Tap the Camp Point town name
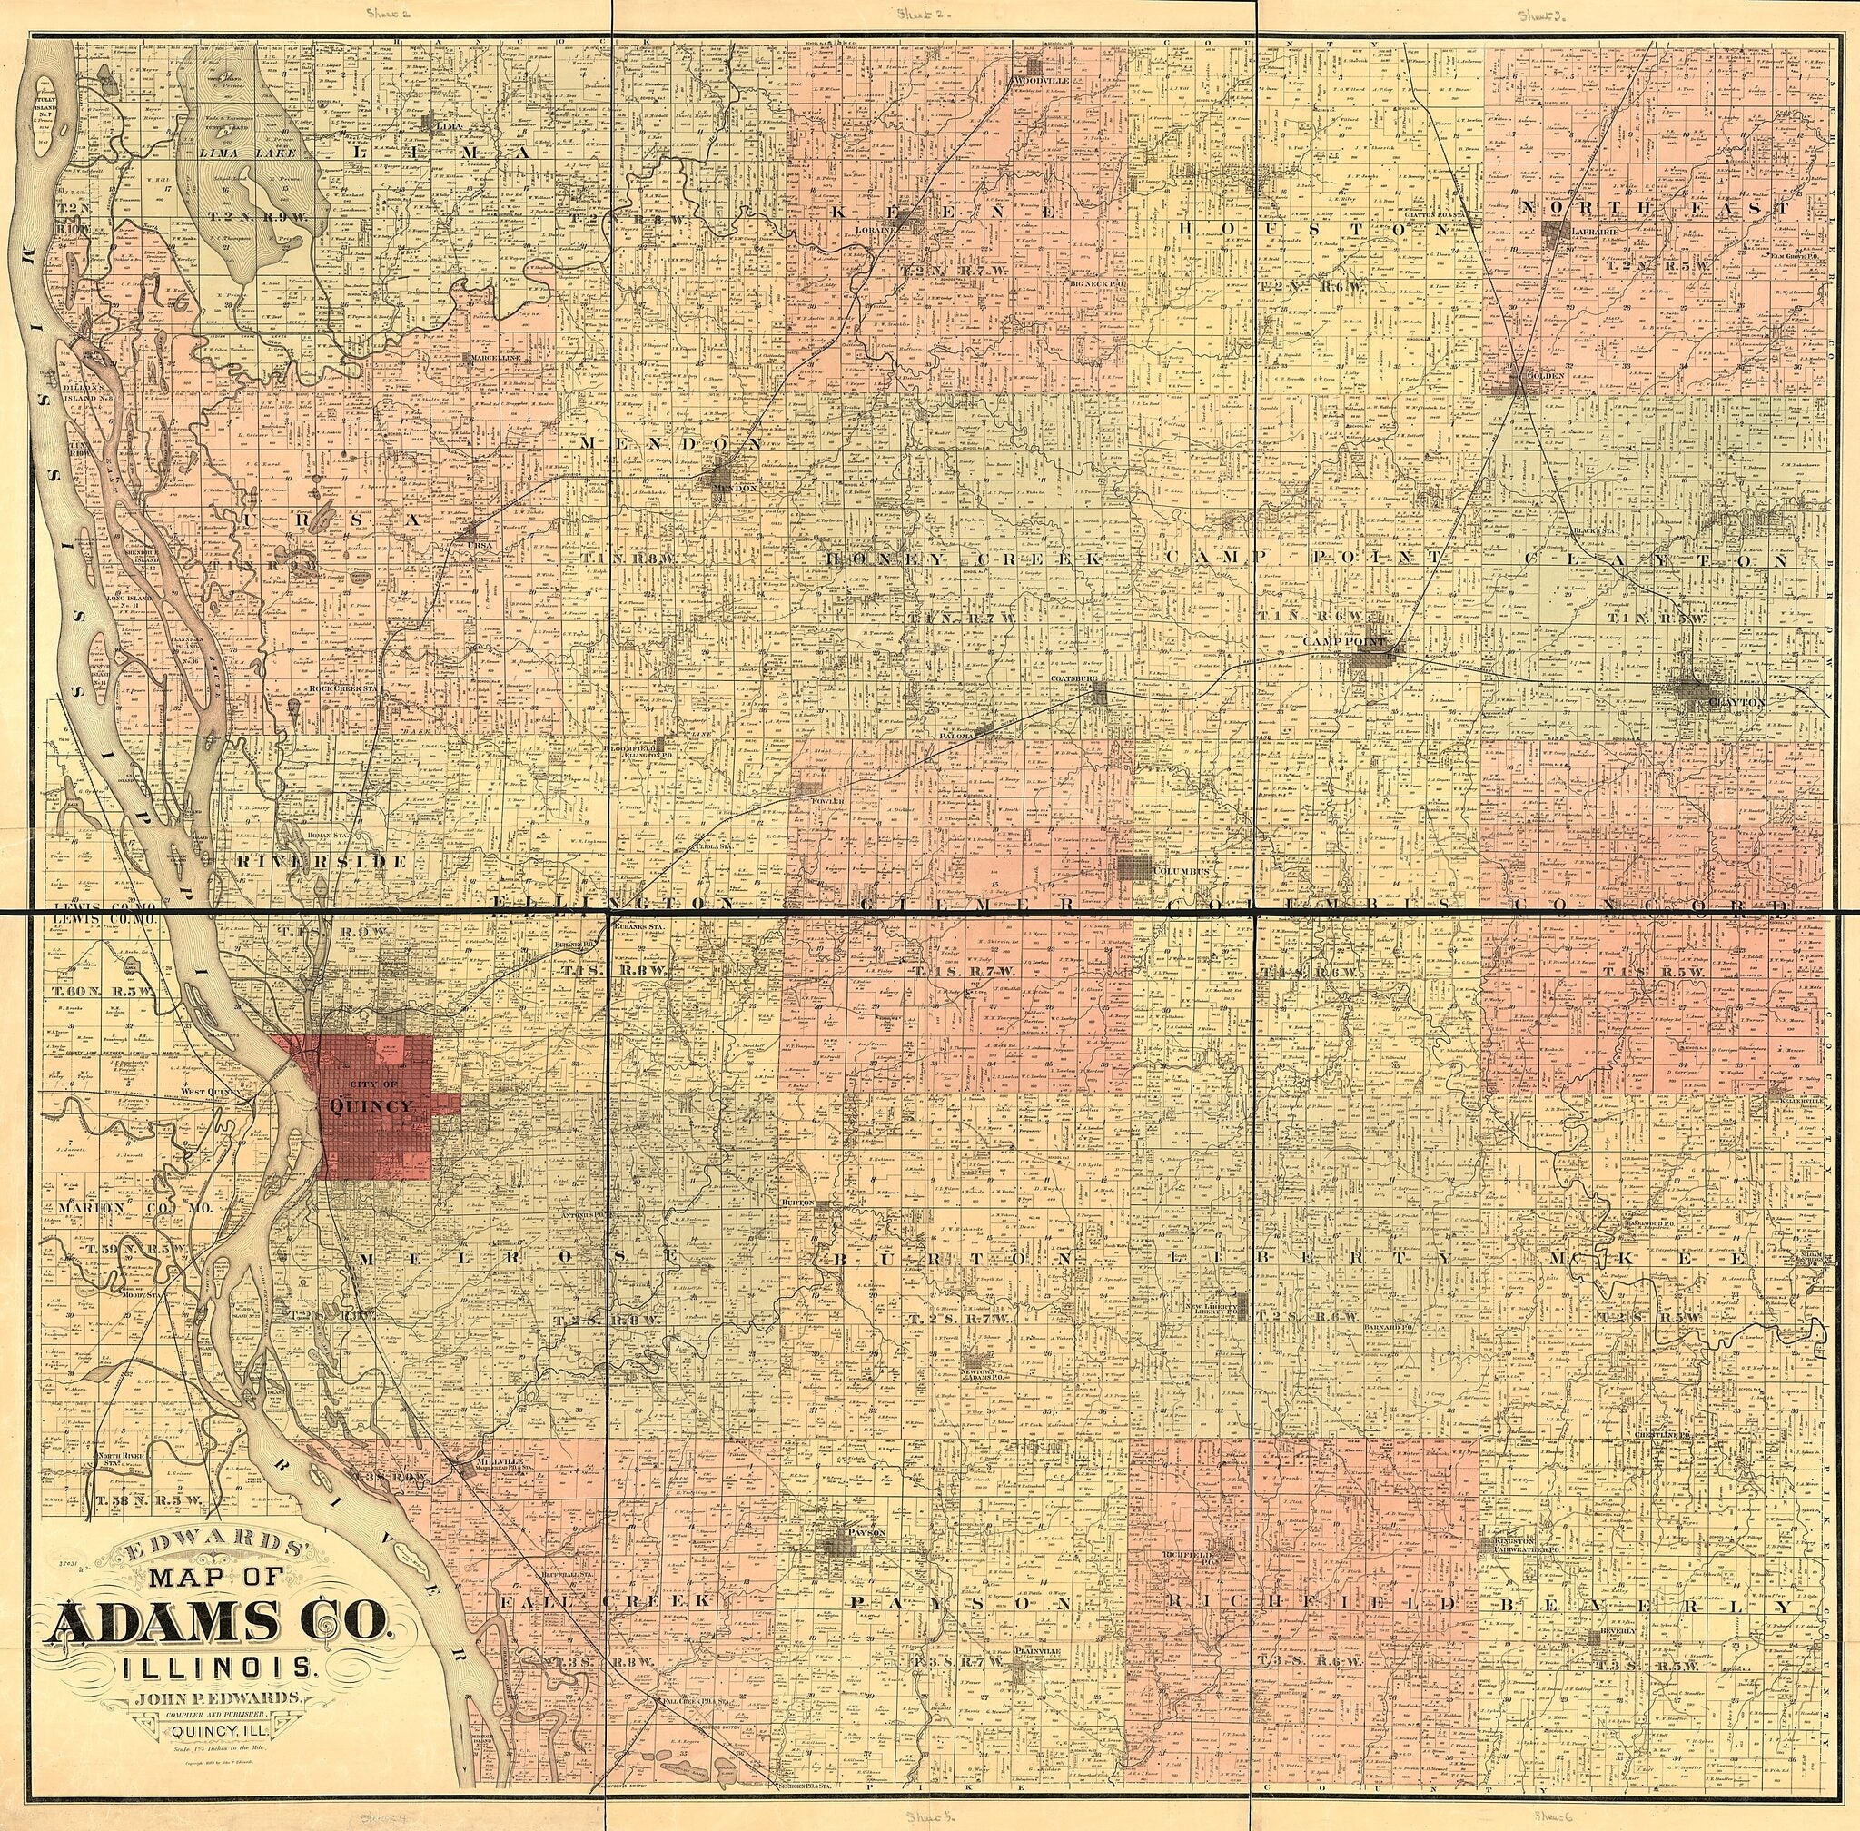point(1341,640)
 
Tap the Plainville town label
point(1035,1678)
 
